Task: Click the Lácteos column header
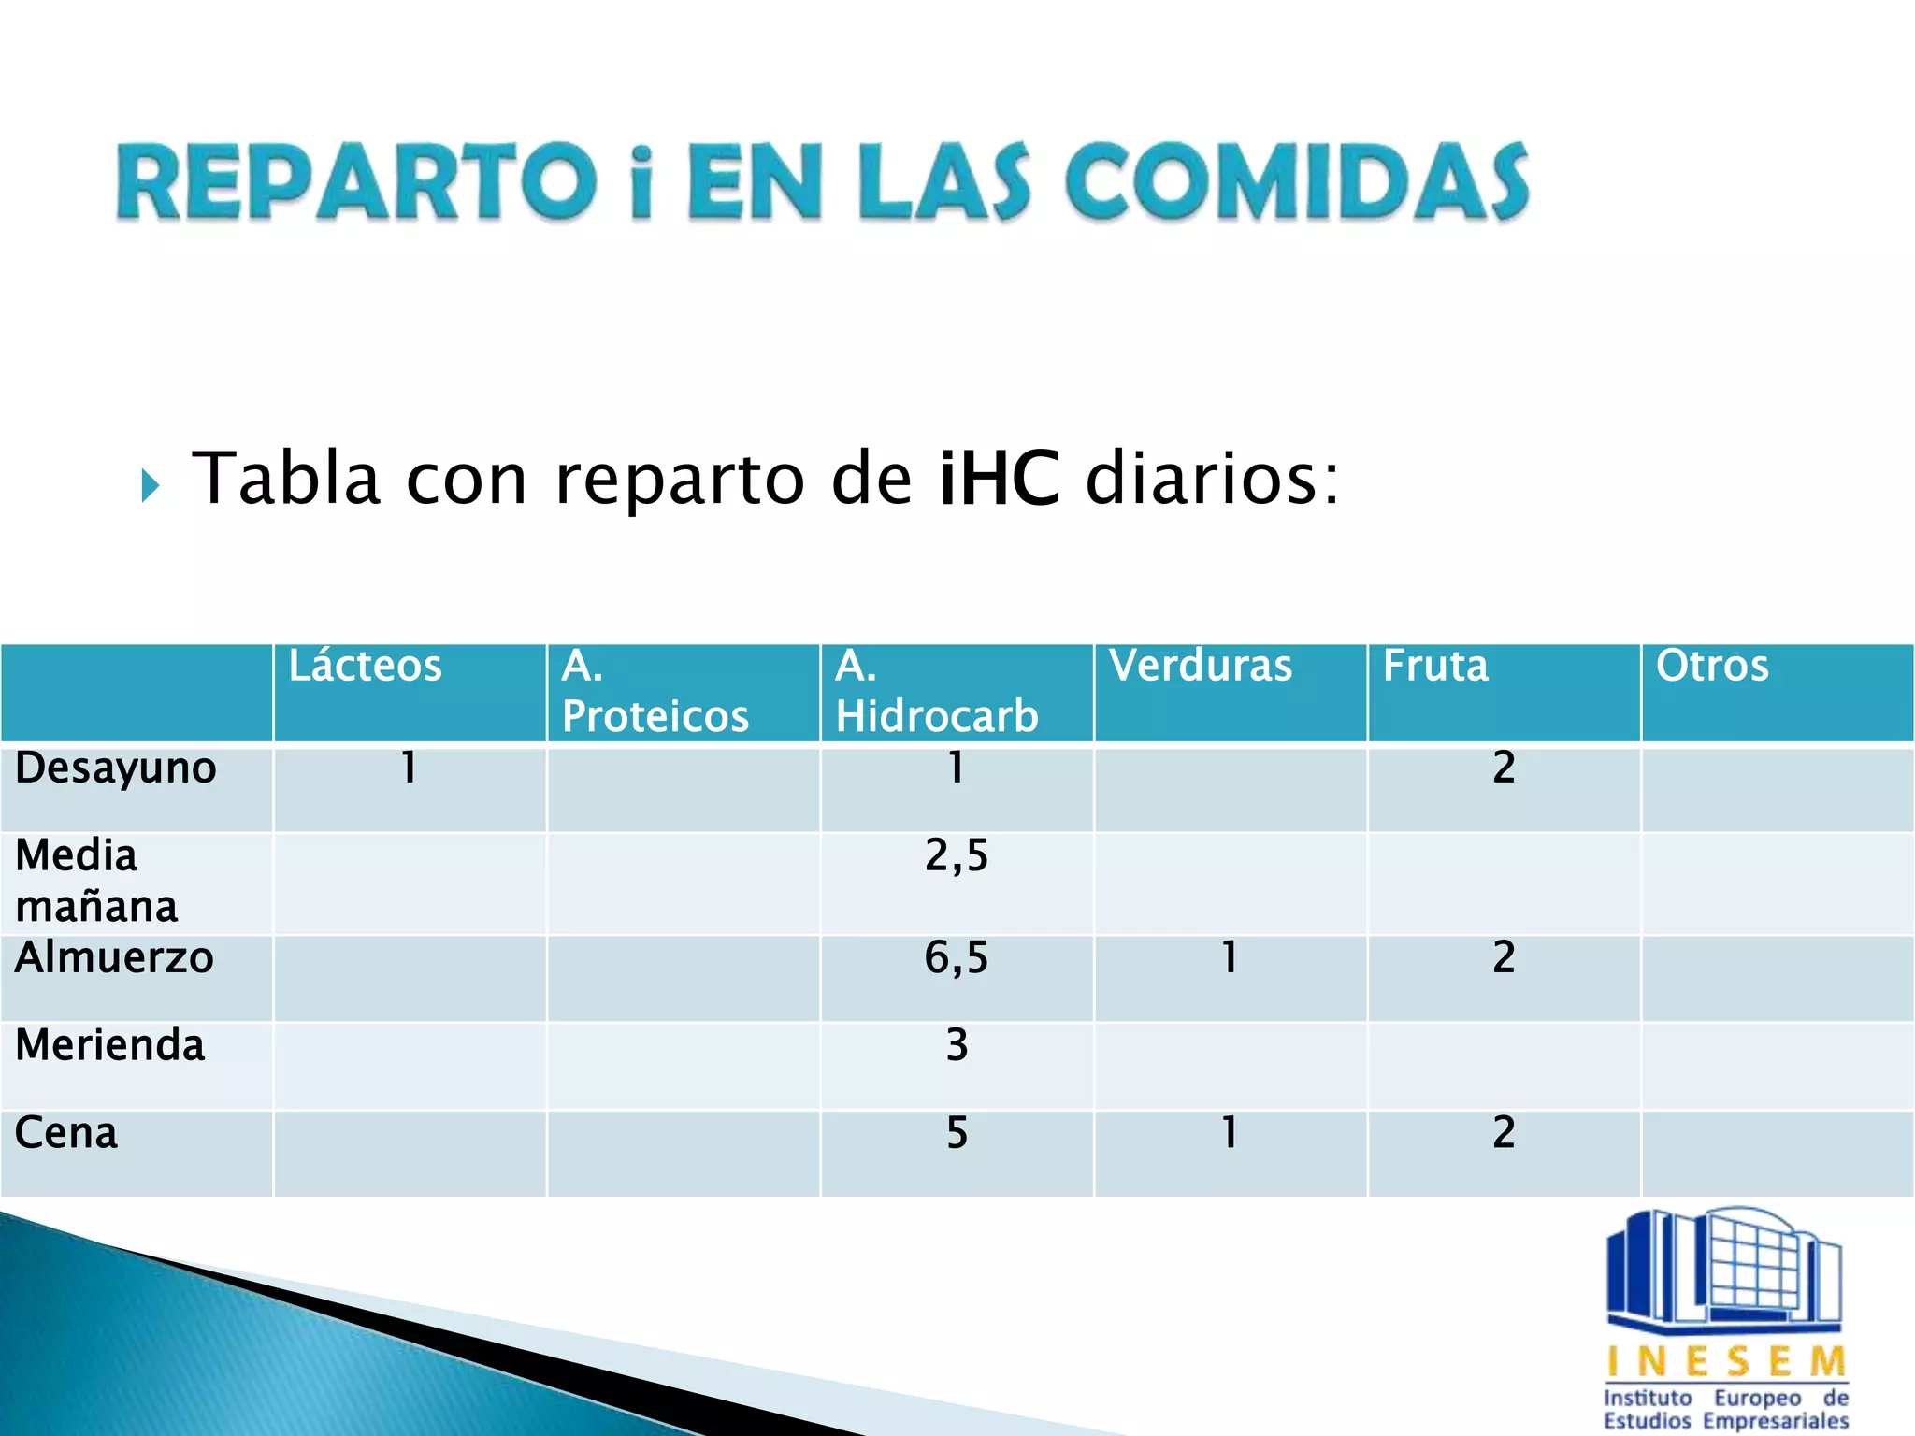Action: (365, 667)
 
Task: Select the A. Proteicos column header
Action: (655, 692)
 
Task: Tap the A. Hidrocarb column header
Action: (936, 692)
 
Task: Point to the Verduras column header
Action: (1201, 667)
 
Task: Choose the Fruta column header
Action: (1435, 667)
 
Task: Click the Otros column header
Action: (1712, 667)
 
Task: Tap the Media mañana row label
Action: (96, 881)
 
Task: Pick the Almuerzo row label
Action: (114, 958)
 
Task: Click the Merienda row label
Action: (109, 1045)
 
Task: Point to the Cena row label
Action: (66, 1133)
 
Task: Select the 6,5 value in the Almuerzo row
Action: (957, 958)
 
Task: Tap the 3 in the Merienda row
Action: (957, 1045)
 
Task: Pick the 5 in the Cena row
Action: (957, 1133)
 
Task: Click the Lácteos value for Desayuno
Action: (409, 768)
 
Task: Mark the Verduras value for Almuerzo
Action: (1230, 958)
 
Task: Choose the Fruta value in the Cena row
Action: (1504, 1133)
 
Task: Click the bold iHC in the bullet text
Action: (1000, 479)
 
